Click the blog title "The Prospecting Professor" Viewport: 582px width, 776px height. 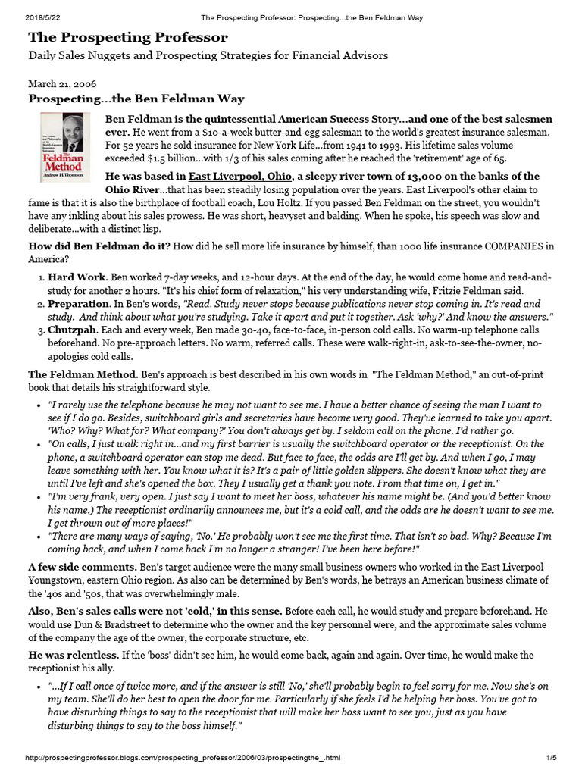127,36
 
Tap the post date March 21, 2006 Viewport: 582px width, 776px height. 62,83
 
